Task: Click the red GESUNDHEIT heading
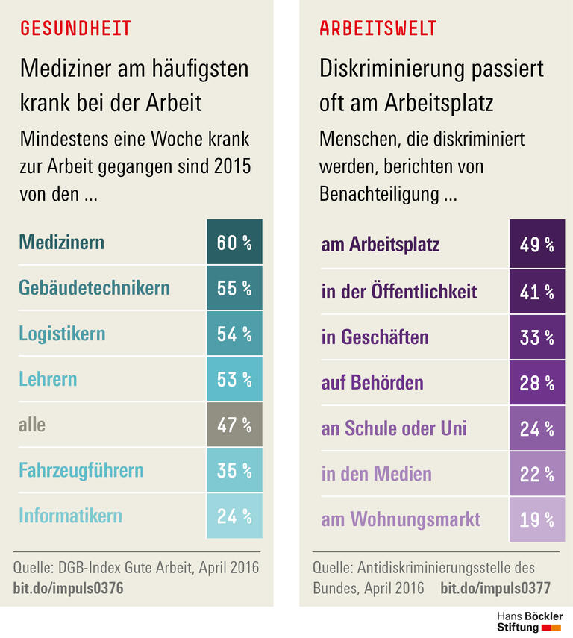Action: point(75,28)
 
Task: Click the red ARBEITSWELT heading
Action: point(378,28)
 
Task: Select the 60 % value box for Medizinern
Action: point(234,243)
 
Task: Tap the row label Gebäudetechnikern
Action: point(94,287)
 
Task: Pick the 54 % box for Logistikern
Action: point(234,334)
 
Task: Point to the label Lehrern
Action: point(48,379)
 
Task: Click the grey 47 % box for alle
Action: point(234,425)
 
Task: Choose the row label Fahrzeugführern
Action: point(81,471)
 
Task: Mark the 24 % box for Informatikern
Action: point(234,516)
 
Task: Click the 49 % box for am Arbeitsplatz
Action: point(536,244)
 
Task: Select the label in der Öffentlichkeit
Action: point(398,291)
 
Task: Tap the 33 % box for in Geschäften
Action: point(536,337)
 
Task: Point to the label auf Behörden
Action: point(372,383)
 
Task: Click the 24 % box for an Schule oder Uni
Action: point(536,428)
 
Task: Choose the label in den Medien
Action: point(376,474)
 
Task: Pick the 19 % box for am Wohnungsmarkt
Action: point(536,519)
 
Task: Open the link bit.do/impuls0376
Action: point(68,587)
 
